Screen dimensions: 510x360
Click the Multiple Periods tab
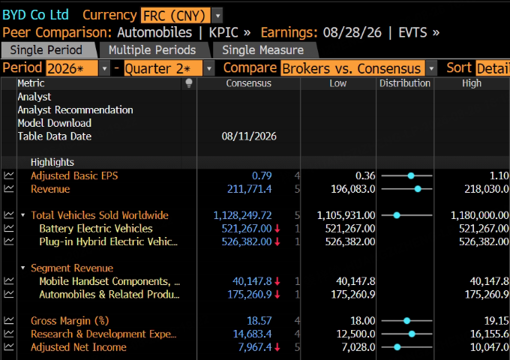(x=152, y=50)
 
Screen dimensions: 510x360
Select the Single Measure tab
(x=262, y=50)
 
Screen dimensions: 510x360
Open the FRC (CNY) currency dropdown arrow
(x=217, y=15)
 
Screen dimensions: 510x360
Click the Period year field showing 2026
(x=72, y=68)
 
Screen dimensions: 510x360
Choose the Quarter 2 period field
(x=163, y=68)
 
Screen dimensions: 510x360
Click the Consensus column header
(x=248, y=83)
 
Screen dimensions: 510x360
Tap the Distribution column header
(x=404, y=83)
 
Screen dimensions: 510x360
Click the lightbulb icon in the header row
(x=189, y=83)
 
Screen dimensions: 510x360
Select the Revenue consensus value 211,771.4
(x=249, y=189)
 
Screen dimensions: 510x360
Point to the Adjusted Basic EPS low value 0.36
(x=365, y=175)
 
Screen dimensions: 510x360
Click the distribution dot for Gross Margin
(x=406, y=321)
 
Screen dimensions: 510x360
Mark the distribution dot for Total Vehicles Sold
(x=397, y=215)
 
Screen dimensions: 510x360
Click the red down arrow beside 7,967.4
(x=277, y=347)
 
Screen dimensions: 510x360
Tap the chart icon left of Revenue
(x=9, y=189)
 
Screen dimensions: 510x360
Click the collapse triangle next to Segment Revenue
(x=22, y=268)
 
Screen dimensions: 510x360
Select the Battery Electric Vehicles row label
(x=96, y=229)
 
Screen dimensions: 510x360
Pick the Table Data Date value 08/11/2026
(x=249, y=136)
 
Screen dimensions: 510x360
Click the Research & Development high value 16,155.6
(x=489, y=334)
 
